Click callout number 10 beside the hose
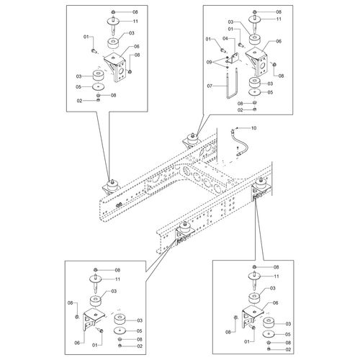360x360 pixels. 253,128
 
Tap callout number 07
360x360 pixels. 210,86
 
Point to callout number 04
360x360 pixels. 225,38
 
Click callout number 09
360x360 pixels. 210,62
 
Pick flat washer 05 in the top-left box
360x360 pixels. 99,86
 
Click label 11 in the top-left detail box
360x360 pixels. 135,21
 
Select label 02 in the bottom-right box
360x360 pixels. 288,349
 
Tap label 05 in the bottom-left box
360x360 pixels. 139,331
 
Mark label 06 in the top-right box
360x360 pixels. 279,41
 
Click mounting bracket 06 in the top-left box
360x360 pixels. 115,67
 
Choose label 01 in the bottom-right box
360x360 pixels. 247,341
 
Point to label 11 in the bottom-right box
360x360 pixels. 276,276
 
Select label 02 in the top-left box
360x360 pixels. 79,101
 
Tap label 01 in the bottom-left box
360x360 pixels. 95,345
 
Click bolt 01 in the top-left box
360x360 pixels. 94,50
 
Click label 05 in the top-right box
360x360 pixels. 270,92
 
